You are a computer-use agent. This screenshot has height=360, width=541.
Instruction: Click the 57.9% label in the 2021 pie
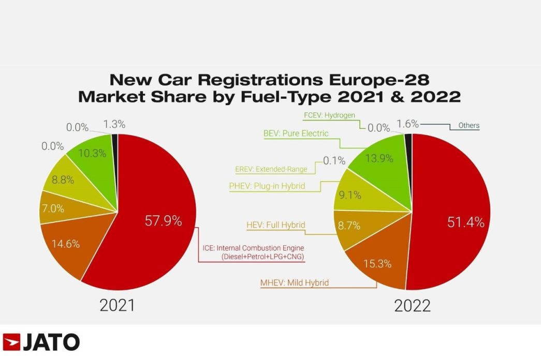(x=163, y=221)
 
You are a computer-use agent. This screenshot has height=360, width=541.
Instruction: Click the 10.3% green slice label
(x=92, y=153)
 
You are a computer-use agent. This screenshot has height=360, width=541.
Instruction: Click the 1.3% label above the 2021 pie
(x=114, y=124)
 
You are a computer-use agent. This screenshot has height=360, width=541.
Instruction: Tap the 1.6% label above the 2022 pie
(x=407, y=124)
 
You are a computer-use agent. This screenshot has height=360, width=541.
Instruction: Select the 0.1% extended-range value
(x=334, y=161)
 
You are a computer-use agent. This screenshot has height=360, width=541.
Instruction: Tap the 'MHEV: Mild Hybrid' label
(x=295, y=283)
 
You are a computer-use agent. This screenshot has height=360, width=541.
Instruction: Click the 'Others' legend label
(x=469, y=126)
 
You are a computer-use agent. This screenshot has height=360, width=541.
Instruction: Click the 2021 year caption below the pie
(x=117, y=305)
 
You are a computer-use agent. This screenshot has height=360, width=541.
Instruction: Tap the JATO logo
(x=41, y=342)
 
